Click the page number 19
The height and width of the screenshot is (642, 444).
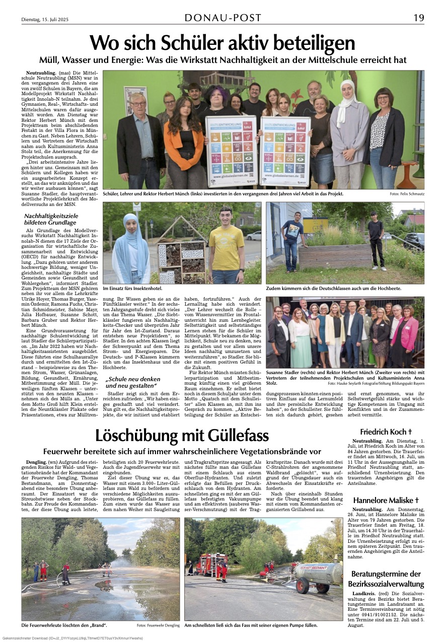418,18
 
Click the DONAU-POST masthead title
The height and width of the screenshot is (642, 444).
223,18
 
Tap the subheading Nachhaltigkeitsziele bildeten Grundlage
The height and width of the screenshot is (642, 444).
51,219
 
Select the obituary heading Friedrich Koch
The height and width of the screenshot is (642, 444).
386,432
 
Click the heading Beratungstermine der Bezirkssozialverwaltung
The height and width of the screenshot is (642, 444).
386,579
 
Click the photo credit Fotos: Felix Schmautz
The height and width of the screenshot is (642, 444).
406,194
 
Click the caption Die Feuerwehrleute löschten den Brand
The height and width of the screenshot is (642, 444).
63,625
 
